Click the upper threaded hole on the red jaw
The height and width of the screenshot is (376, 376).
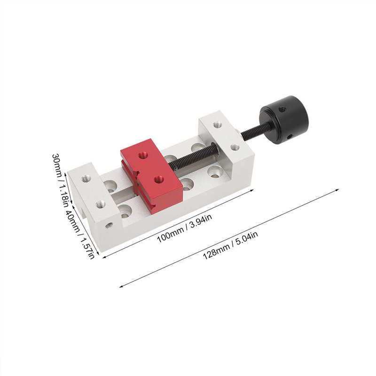[143, 154]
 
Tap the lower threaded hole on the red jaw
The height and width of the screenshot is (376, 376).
[159, 179]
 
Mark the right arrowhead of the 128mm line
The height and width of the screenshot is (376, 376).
[338, 190]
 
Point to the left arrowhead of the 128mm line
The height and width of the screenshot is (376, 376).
[121, 286]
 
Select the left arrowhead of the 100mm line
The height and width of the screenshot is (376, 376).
[103, 257]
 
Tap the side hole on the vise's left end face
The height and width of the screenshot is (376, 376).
[109, 225]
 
